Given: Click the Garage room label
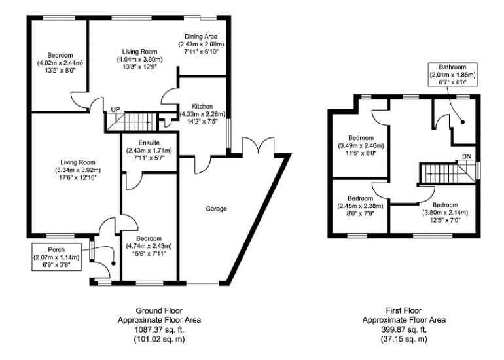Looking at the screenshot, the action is pyautogui.click(x=216, y=209).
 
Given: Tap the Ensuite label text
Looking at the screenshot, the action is pyautogui.click(x=149, y=143).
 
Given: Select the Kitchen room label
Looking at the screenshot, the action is pyautogui.click(x=202, y=107).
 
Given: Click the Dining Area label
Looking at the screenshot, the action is pyautogui.click(x=201, y=37).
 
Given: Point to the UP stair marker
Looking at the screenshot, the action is pyautogui.click(x=115, y=109).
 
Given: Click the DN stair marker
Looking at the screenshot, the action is pyautogui.click(x=467, y=156).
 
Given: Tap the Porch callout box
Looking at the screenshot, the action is pyautogui.click(x=56, y=257).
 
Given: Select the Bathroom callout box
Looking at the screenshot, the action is pyautogui.click(x=452, y=75).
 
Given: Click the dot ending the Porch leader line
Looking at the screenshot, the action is pyautogui.click(x=113, y=264).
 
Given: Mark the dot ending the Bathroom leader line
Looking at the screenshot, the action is pyautogui.click(x=463, y=122).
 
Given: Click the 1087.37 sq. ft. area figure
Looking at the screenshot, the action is pyautogui.click(x=160, y=329).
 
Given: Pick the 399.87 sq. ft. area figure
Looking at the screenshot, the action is pyautogui.click(x=404, y=329).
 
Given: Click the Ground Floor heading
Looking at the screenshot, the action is pyautogui.click(x=159, y=310).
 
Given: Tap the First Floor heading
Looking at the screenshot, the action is pyautogui.click(x=404, y=310).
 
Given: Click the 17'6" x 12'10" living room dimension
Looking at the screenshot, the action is pyautogui.click(x=77, y=177).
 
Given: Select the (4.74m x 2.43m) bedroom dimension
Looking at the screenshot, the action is pyautogui.click(x=149, y=246).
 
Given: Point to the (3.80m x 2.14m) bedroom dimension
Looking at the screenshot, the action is pyautogui.click(x=445, y=213).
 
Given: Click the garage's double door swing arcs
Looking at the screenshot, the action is pyautogui.click(x=259, y=145).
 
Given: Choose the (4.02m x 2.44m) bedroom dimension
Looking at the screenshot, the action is pyautogui.click(x=60, y=63).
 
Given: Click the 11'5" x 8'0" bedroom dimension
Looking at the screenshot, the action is pyautogui.click(x=361, y=153).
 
